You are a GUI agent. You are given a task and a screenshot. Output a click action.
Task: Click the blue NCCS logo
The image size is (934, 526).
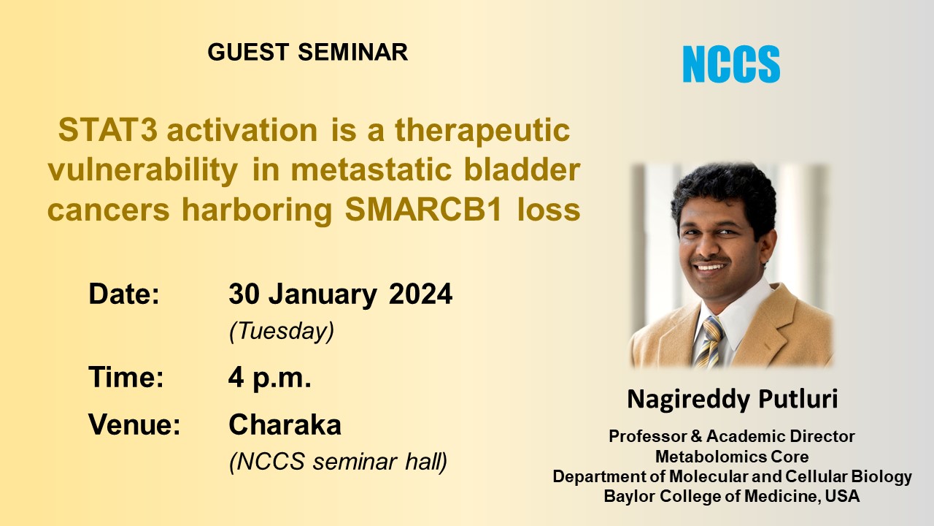(x=731, y=64)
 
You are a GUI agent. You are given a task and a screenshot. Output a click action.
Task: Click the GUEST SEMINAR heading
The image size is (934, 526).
(x=307, y=53)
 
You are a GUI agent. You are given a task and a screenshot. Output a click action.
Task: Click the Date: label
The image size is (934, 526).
(x=124, y=294)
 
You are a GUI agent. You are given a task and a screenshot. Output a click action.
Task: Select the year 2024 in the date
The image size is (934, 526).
(x=420, y=294)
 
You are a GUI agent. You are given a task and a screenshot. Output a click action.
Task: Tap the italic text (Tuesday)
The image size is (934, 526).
(x=282, y=332)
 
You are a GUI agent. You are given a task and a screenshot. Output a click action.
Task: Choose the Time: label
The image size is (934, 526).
(x=126, y=378)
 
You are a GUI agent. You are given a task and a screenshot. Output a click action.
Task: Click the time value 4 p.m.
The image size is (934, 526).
(x=270, y=378)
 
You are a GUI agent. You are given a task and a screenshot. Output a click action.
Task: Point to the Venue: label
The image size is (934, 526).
(x=134, y=424)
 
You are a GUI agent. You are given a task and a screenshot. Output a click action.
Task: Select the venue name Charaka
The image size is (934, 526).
(x=285, y=424)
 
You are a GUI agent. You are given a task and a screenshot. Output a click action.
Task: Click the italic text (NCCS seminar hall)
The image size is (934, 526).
(x=338, y=462)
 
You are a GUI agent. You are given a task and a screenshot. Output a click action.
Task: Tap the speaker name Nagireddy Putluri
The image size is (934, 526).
(x=732, y=399)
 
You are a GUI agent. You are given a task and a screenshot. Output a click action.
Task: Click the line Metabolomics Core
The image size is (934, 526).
(x=732, y=457)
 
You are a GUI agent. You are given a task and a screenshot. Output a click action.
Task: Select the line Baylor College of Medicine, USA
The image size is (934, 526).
(x=732, y=497)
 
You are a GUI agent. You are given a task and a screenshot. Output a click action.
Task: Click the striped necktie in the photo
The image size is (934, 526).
(x=708, y=343)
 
